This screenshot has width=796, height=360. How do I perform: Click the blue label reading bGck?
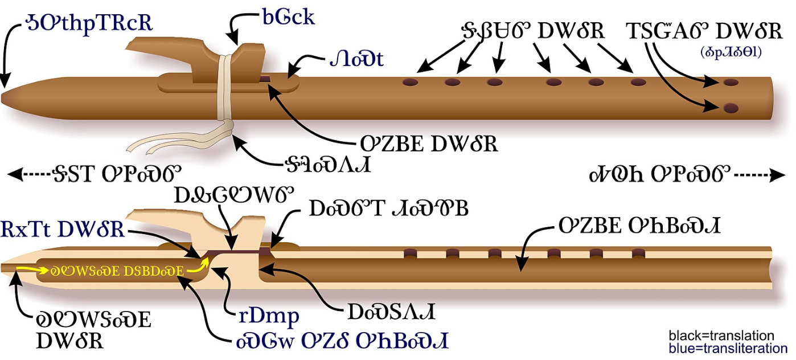coord(288,17)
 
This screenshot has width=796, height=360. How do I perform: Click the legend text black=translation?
coord(721,336)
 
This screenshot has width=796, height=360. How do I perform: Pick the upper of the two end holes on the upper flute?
coord(730,83)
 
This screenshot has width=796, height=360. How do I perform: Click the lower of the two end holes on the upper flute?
coord(729,108)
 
